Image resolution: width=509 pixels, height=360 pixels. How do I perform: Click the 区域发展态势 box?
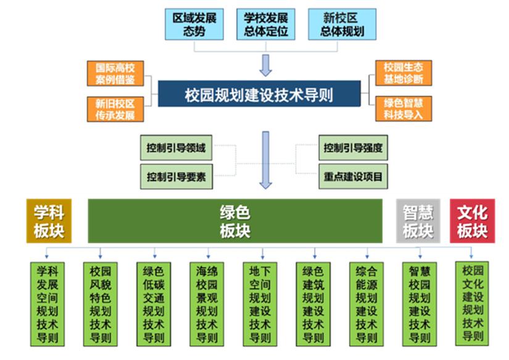point(194,24)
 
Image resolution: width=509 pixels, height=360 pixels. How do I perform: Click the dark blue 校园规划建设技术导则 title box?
point(259,94)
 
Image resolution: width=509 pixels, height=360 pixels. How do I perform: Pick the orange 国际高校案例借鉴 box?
point(111,73)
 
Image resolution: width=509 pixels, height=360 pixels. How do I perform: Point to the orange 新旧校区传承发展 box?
point(111,108)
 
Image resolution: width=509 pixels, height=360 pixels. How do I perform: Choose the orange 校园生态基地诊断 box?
point(403,73)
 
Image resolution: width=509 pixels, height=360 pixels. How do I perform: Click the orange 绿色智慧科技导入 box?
point(403,108)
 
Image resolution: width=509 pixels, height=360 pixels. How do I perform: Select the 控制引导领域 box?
point(176,149)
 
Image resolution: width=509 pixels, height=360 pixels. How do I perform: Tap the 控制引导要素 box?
point(176,176)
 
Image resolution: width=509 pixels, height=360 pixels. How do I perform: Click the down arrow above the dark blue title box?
point(266,64)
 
